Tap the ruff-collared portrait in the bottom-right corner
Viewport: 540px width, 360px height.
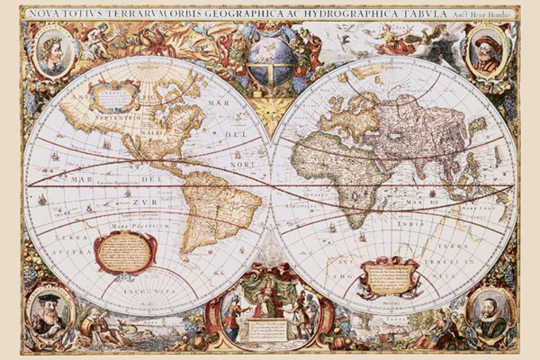[x=490, y=311]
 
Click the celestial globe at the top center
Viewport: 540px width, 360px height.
[x=269, y=56]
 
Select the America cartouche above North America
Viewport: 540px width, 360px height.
[x=113, y=94]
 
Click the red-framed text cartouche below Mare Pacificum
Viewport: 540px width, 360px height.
[x=125, y=251]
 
